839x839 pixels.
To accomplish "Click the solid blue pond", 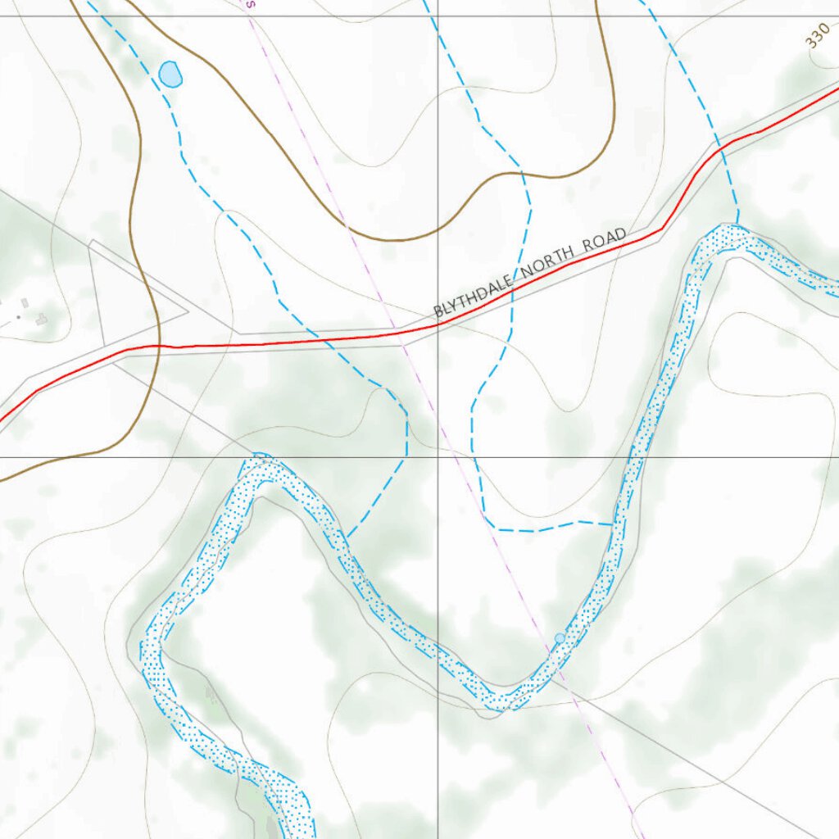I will [170, 74].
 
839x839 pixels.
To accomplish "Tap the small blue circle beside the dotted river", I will [560, 637].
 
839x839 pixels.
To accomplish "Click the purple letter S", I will [252, 4].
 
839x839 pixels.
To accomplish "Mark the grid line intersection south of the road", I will [437, 457].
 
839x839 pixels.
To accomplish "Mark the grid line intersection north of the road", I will [437, 16].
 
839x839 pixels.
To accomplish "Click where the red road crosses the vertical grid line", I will [437, 324].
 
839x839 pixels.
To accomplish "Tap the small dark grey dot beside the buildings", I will [18, 316].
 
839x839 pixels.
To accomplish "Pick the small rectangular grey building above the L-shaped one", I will [25, 303].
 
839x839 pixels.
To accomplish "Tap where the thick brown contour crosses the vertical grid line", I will [437, 229].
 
